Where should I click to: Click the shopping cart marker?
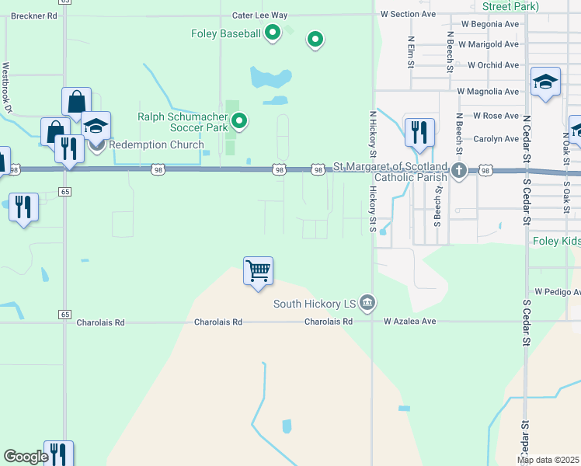tap(258, 272)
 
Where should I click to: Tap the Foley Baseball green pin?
tap(272, 33)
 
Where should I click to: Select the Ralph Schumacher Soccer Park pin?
tap(240, 121)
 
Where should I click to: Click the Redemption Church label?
tap(156, 144)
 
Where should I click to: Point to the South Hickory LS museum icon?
tap(368, 302)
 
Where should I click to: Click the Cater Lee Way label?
tap(259, 16)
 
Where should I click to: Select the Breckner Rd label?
tap(34, 16)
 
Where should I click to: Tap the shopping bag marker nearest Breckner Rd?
tap(76, 101)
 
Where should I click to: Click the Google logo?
tap(26, 457)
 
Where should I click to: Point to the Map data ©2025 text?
tap(548, 461)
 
